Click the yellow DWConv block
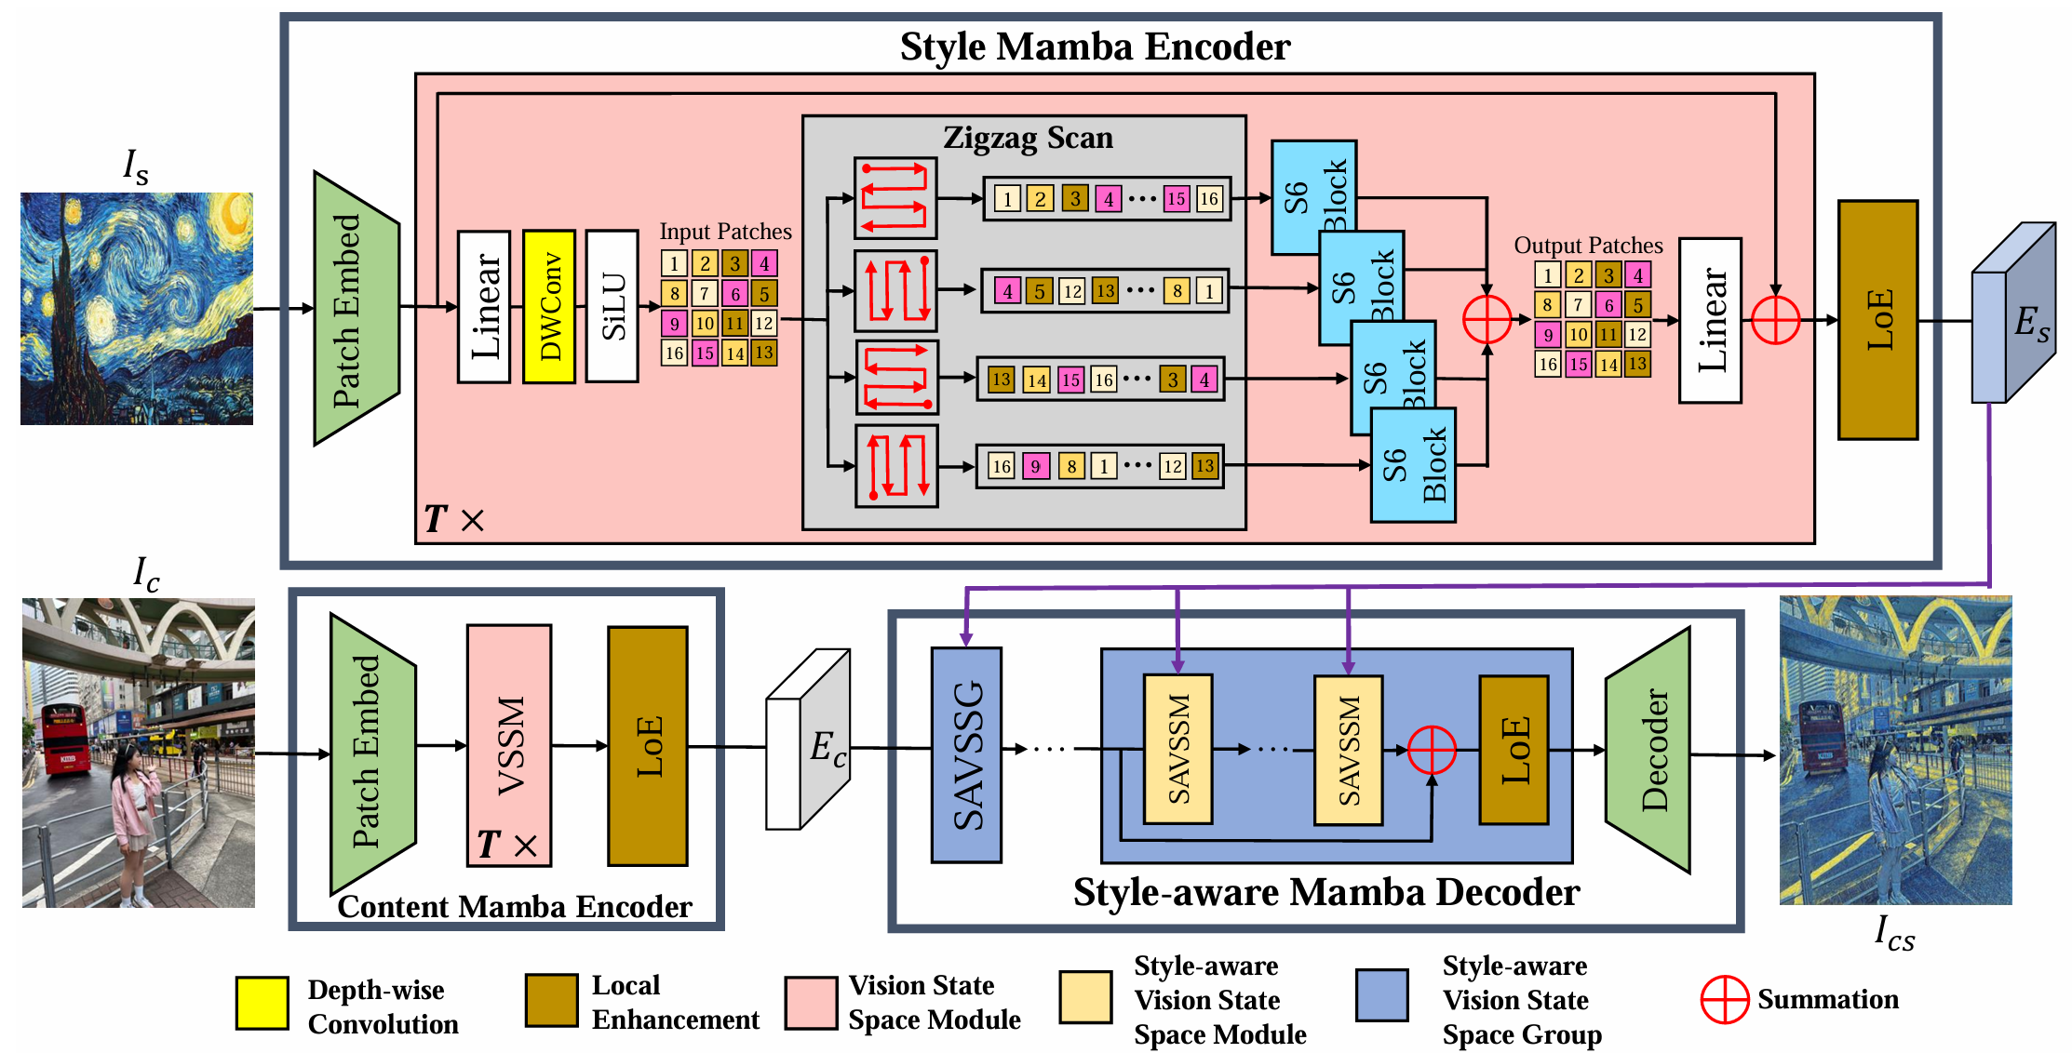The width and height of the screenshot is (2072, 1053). pos(549,306)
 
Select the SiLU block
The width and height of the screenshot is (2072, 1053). pos(612,306)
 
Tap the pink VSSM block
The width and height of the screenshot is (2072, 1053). pos(509,745)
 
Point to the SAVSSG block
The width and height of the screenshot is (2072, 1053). pos(966,754)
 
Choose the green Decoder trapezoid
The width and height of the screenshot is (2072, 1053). pos(1648,750)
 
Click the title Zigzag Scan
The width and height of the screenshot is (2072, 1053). pos(1028,138)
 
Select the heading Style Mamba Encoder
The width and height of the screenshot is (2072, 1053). pos(1095,47)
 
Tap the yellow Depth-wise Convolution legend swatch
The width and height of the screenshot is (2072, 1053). pos(262,1003)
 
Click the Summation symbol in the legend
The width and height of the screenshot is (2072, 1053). pos(1725,1000)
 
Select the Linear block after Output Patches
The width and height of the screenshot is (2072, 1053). pos(1710,321)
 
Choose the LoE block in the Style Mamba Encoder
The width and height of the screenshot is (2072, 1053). pos(1877,320)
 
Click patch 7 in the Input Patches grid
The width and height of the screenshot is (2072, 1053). pos(705,294)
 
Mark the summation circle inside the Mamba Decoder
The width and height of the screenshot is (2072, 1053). pos(1432,750)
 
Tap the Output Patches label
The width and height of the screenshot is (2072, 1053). pos(1588,246)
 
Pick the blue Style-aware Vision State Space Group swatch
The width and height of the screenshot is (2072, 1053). pos(1381,995)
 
